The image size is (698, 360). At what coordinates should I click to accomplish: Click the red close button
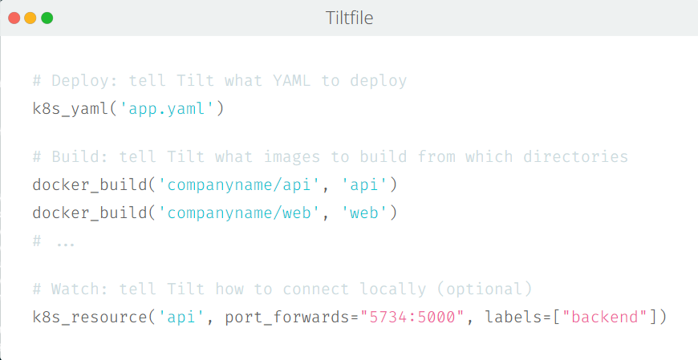14,18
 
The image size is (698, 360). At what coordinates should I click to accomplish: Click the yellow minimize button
30,18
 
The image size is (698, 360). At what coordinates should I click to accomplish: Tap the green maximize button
47,18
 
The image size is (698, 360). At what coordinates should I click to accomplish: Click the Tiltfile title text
349,18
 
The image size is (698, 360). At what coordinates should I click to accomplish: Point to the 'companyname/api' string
238,186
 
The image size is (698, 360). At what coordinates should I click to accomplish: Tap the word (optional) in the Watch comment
489,289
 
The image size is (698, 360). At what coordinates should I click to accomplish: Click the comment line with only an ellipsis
54,240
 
